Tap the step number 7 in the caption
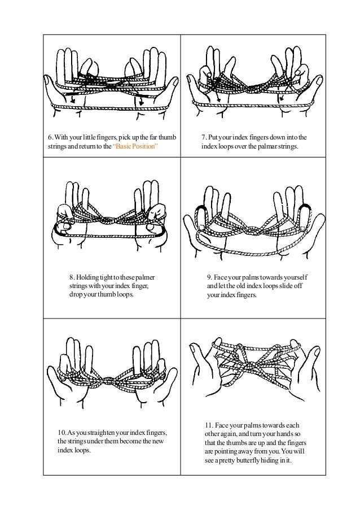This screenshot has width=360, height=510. coord(204,137)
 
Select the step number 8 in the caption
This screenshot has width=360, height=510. coord(71,277)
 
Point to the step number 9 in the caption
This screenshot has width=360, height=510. coord(209,277)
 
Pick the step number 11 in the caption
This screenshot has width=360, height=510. coord(208,425)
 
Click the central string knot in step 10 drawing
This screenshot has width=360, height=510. coord(106,380)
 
